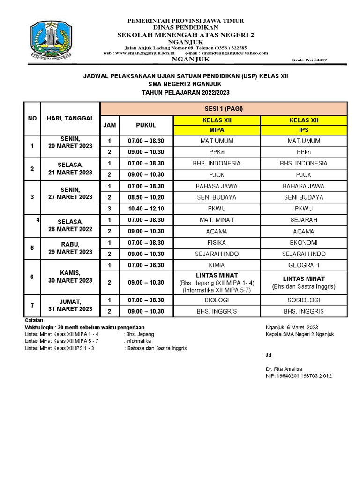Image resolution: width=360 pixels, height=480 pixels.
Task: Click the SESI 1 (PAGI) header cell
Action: point(224,109)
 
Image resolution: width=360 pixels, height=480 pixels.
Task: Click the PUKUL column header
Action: point(146,125)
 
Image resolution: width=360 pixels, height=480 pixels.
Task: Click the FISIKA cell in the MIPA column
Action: point(217,243)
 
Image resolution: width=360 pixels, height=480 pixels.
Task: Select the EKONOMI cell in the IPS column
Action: point(304,243)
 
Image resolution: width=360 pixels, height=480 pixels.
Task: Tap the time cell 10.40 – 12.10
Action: point(146,209)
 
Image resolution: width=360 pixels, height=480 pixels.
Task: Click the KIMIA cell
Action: point(217,265)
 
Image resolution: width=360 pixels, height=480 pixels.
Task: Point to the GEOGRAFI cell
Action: point(304,265)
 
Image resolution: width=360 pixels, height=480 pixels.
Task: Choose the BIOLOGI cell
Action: point(217,300)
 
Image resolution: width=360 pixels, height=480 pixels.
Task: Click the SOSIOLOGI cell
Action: point(304,300)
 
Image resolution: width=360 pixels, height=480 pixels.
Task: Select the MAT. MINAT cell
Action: point(217,220)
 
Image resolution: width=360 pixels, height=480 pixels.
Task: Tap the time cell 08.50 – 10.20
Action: point(146,197)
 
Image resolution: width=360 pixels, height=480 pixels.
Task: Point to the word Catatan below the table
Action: point(34,320)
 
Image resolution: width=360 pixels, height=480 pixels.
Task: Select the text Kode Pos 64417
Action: point(309,60)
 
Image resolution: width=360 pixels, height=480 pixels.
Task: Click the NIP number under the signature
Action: point(299,376)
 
